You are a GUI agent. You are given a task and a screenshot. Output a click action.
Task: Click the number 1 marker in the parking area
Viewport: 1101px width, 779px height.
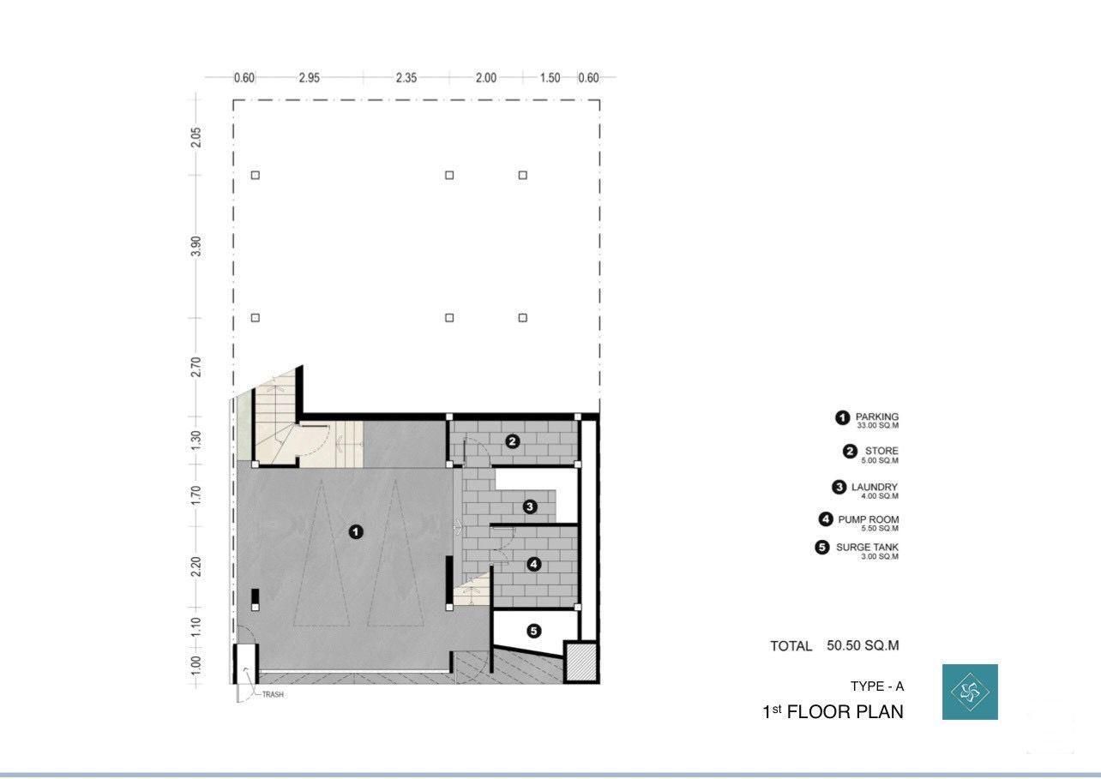click(x=355, y=532)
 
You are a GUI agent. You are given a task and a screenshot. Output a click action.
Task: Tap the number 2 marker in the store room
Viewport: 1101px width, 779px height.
click(x=512, y=441)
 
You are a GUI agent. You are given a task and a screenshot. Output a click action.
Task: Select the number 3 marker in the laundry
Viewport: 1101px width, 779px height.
click(x=529, y=506)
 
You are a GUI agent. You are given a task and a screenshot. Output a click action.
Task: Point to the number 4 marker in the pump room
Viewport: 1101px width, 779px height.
click(x=534, y=565)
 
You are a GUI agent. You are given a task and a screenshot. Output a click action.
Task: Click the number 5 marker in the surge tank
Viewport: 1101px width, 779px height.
click(x=534, y=631)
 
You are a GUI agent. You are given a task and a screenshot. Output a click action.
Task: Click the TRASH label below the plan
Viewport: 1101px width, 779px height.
click(x=273, y=694)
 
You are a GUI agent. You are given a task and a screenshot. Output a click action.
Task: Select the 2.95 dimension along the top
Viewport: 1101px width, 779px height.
click(x=310, y=78)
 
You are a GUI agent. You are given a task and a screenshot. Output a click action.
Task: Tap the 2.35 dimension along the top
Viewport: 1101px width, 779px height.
click(x=406, y=78)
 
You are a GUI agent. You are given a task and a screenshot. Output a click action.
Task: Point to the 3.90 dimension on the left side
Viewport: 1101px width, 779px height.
click(x=196, y=246)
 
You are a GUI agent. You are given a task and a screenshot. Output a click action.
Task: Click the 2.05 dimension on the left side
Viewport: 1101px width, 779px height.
click(x=196, y=137)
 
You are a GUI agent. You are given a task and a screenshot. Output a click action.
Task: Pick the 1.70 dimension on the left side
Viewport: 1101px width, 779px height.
click(x=196, y=495)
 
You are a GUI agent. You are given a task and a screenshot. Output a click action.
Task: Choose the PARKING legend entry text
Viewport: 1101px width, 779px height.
click(x=877, y=416)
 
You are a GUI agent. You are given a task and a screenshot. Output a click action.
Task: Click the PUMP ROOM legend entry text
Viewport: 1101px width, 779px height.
click(x=869, y=519)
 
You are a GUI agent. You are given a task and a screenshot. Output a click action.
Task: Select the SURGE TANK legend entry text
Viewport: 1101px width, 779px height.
click(x=867, y=547)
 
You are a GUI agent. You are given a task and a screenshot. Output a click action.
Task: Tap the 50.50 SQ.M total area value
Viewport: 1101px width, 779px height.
click(x=863, y=645)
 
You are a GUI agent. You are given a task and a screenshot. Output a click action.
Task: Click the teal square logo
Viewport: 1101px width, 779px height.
click(x=970, y=692)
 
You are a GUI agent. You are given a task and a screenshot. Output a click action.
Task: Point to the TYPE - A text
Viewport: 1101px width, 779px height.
click(x=877, y=686)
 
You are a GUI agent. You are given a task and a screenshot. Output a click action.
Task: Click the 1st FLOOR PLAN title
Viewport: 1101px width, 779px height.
click(x=833, y=711)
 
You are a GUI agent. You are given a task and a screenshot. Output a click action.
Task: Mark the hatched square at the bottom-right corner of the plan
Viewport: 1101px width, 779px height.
click(x=581, y=662)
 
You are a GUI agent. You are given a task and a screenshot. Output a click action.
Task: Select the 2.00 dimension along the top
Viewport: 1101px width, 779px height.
click(x=485, y=78)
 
